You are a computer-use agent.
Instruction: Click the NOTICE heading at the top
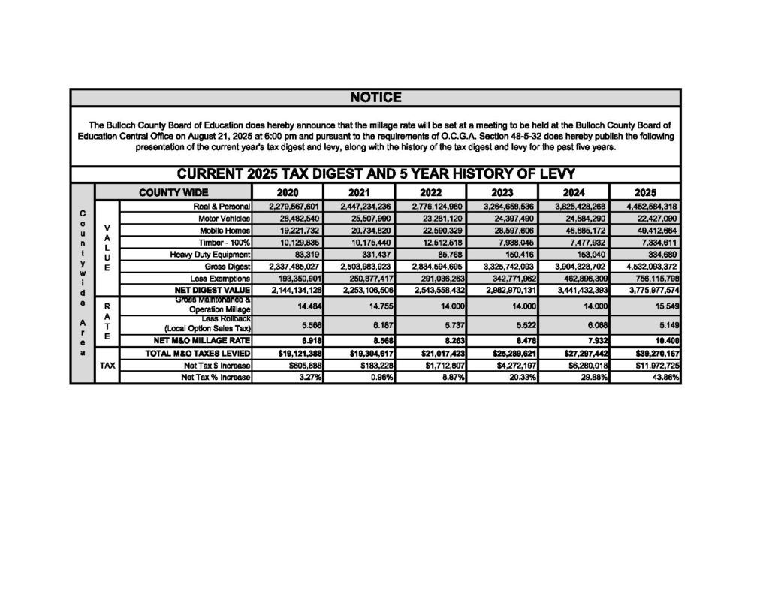tap(375, 98)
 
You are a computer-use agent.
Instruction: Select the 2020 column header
tap(287, 193)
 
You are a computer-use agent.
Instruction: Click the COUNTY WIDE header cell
tap(173, 193)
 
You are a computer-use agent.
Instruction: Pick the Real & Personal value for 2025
tap(648, 206)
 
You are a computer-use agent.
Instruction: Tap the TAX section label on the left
tap(107, 365)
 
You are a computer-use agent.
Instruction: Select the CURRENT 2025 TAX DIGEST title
tap(375, 174)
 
